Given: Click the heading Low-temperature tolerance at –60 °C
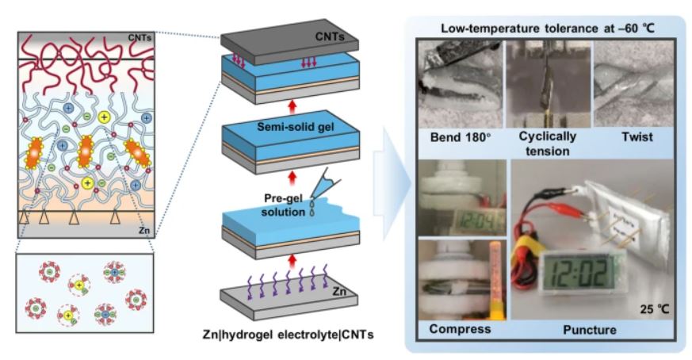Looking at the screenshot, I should pyautogui.click(x=545, y=29).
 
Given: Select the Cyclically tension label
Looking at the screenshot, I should pyautogui.click(x=548, y=142).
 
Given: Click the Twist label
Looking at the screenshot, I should pyautogui.click(x=637, y=137).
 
